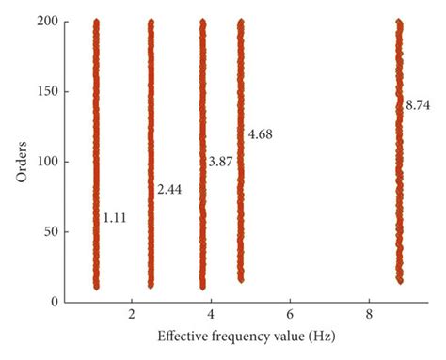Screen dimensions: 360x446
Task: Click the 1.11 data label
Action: (x=114, y=218)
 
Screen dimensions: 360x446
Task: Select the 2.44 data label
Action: (x=169, y=190)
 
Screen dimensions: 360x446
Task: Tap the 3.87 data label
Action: (x=222, y=163)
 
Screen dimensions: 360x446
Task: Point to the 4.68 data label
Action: (x=260, y=137)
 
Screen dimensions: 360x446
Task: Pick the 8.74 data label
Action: (x=418, y=106)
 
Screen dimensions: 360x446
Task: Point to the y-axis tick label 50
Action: (x=53, y=231)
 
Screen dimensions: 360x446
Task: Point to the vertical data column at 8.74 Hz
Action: (x=400, y=150)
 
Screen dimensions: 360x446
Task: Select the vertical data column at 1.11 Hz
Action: (x=96, y=150)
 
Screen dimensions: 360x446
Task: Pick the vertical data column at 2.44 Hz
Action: (x=151, y=150)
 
